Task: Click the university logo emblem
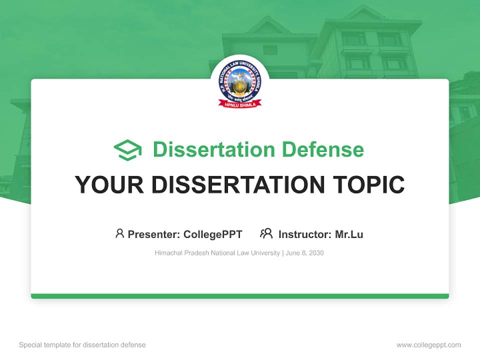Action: (x=240, y=82)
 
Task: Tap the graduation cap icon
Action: (x=127, y=149)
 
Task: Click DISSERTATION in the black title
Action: (x=238, y=185)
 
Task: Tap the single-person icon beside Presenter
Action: (x=119, y=233)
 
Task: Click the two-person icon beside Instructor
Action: (x=266, y=233)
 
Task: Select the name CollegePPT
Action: (x=213, y=234)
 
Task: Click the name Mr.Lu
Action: (x=349, y=234)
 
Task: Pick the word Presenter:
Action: (x=154, y=234)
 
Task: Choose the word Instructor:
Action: (x=305, y=234)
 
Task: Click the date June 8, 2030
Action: (x=304, y=253)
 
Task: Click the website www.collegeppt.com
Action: (x=428, y=345)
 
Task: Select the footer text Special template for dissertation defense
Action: (x=82, y=345)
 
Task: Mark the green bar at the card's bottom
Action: (x=240, y=296)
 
